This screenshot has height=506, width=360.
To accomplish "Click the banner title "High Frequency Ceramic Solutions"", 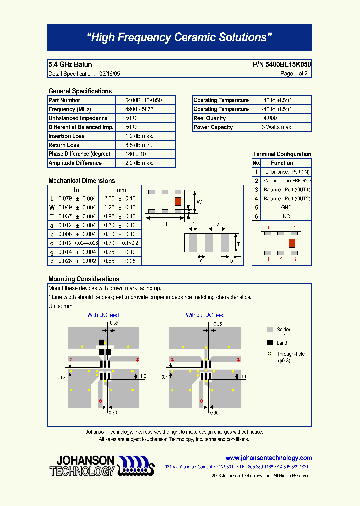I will point(179,38).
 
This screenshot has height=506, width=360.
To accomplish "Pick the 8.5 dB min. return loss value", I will point(139,145).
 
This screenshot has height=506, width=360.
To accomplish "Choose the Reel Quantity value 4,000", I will point(270,118).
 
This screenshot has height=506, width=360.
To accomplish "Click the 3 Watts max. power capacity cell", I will point(277,127).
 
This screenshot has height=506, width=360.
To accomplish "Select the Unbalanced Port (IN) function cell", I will point(287,172).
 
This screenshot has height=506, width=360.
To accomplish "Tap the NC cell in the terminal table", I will point(286,217).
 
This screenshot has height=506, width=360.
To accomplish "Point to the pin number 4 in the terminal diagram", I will point(268,259).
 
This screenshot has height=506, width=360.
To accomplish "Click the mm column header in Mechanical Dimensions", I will point(121,190).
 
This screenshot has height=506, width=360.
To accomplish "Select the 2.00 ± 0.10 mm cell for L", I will point(120,199).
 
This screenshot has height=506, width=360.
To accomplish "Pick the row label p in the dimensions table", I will point(51,261).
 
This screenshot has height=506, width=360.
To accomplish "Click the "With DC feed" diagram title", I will point(103,315).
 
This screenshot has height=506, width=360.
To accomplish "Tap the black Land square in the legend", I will point(270,343).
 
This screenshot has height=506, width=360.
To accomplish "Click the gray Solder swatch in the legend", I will point(270,330).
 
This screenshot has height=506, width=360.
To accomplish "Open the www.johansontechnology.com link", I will point(268,458).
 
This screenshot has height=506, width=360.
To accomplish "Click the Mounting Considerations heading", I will point(84,279).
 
